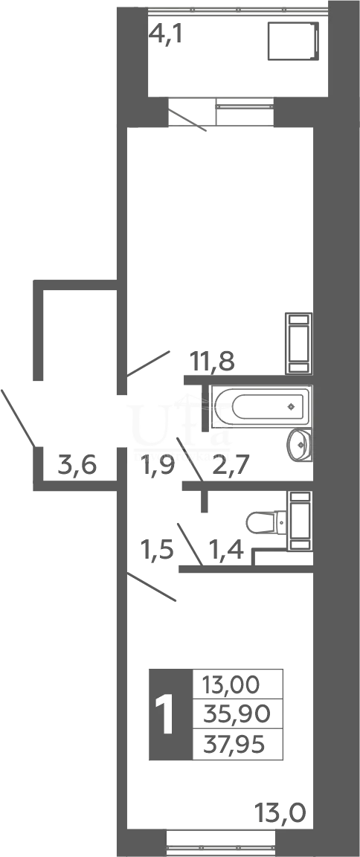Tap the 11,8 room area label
point(212,362)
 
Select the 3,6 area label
point(77,466)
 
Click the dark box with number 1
point(170,714)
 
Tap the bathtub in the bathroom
point(261,407)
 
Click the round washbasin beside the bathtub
point(300,445)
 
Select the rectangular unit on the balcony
point(293,40)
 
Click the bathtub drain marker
point(291,406)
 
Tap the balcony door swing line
point(187,121)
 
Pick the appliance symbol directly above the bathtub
point(299,344)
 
